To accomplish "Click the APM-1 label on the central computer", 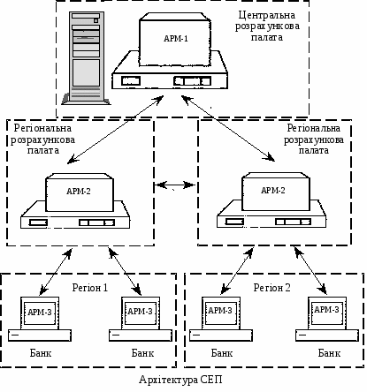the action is [x=176, y=39].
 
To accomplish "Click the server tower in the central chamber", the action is [x=86, y=58].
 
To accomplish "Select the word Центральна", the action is [x=267, y=15].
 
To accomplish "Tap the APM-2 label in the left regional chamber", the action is [x=79, y=192].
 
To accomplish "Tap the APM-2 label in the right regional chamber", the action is [x=273, y=191].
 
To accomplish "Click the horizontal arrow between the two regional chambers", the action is [x=174, y=185].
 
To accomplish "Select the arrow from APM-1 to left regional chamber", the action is [x=115, y=129].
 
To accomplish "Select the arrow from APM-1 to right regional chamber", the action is [x=228, y=128].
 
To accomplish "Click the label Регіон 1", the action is [x=90, y=288].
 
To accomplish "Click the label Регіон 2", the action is [x=271, y=288].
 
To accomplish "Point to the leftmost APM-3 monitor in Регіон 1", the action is [x=40, y=313].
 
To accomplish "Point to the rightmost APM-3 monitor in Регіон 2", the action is [x=327, y=313].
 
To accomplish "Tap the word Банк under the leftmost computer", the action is [x=41, y=353].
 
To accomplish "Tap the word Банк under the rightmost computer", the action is [x=329, y=353].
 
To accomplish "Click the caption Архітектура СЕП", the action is [x=180, y=380].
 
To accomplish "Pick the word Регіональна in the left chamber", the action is [x=42, y=128].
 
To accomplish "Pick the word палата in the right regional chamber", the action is [x=314, y=150].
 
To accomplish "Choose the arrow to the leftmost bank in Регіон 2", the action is [x=237, y=271].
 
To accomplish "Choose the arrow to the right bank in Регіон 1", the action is [x=125, y=271].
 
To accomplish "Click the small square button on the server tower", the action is [x=96, y=21].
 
